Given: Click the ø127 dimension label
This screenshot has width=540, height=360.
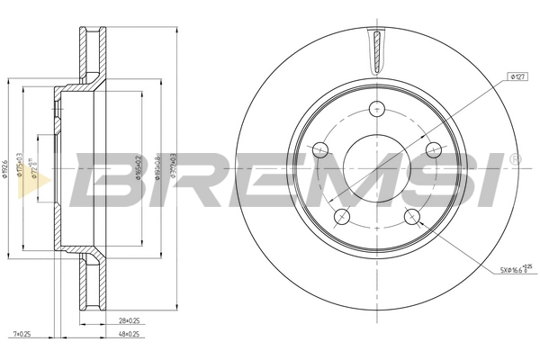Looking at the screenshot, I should pyautogui.click(x=517, y=78).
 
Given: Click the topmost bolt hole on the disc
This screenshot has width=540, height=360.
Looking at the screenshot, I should pyautogui.click(x=377, y=109).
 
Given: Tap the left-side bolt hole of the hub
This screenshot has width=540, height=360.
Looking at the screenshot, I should pyautogui.click(x=321, y=149).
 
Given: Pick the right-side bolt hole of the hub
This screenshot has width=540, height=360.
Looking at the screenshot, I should pyautogui.click(x=433, y=149).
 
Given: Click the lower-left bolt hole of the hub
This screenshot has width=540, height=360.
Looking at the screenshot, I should pyautogui.click(x=342, y=216).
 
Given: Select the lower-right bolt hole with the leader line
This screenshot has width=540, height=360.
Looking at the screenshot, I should pyautogui.click(x=412, y=216).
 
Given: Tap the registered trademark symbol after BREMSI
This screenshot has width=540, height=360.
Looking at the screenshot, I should pyautogui.click(x=514, y=159).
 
